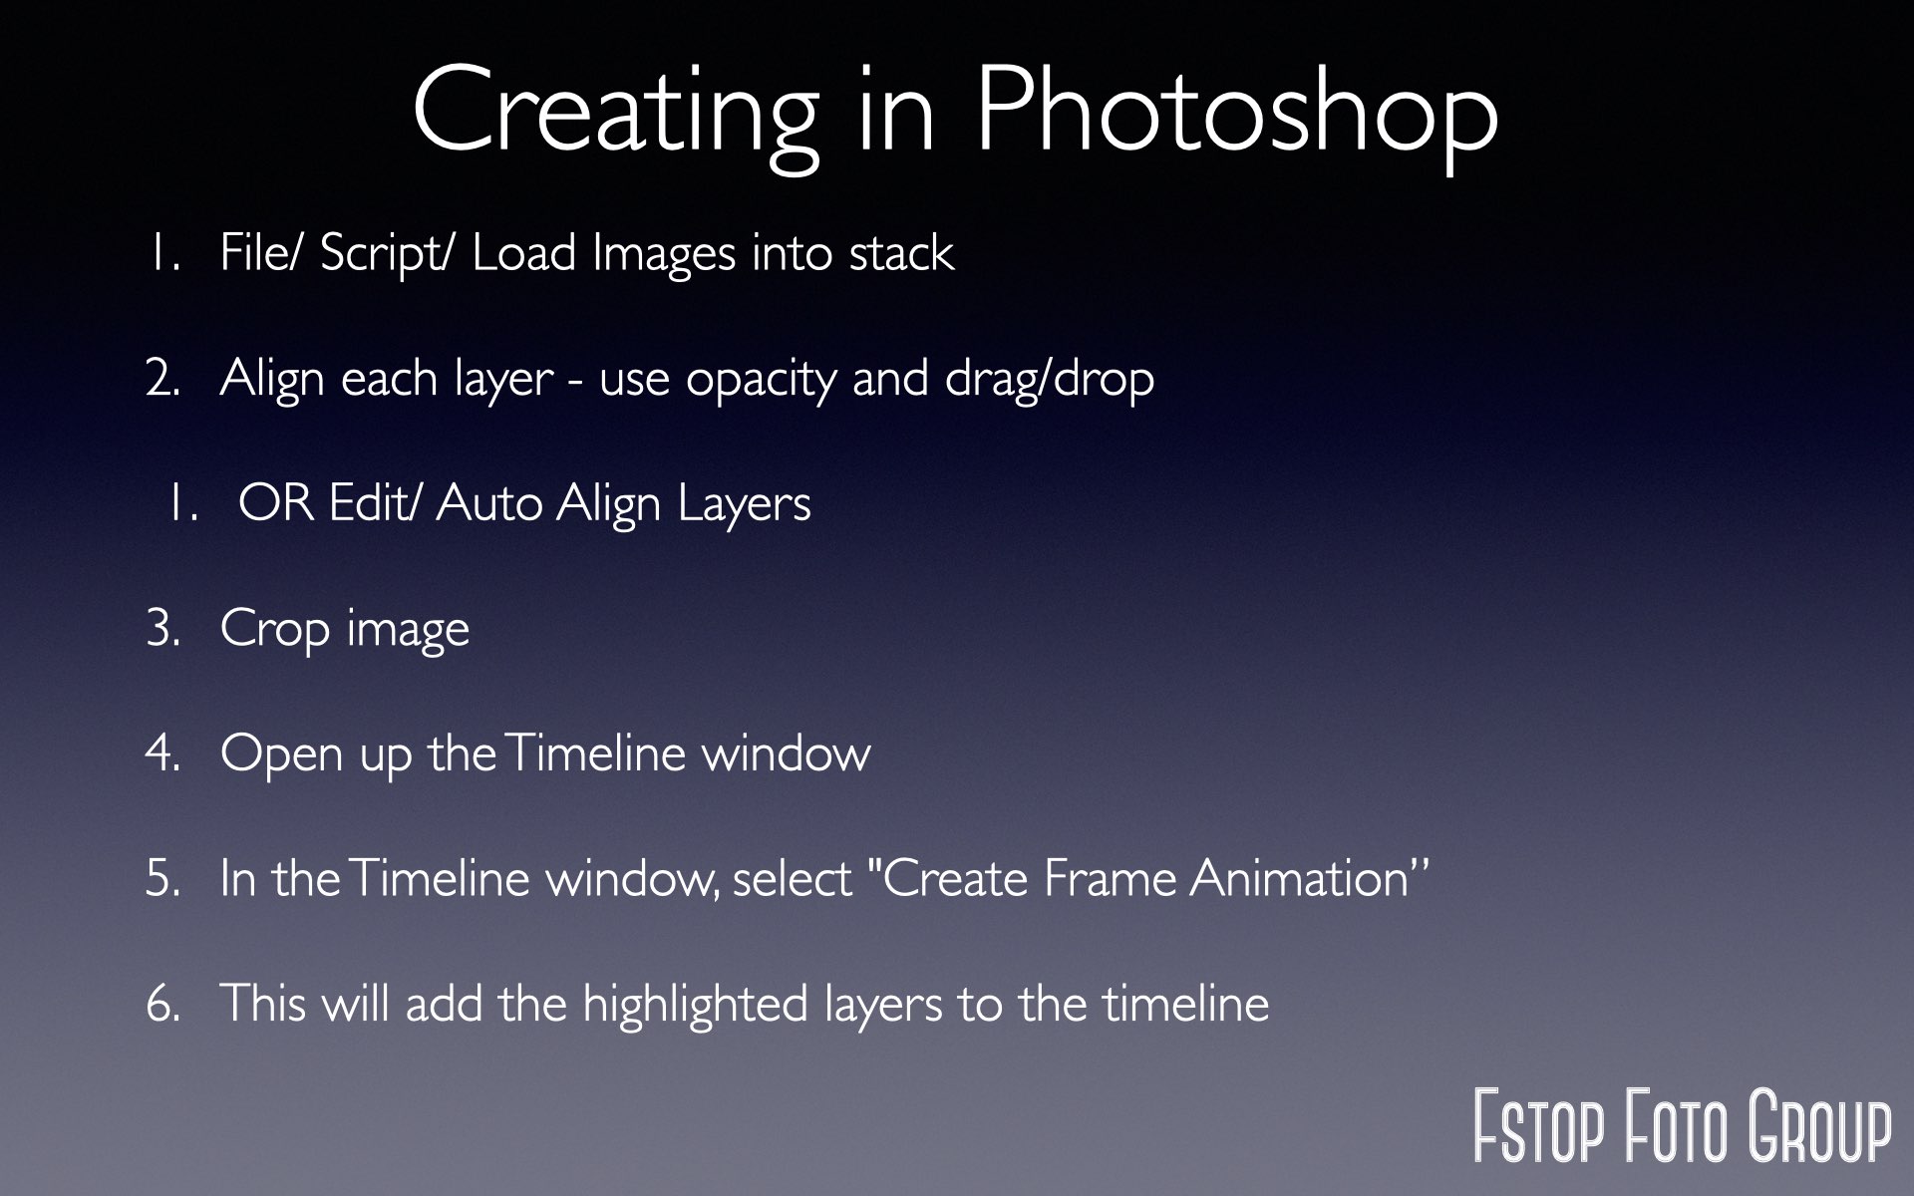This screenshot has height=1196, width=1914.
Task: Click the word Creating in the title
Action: click(x=614, y=113)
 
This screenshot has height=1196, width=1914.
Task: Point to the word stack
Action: click(x=901, y=252)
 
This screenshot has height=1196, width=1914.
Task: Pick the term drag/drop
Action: click(x=1050, y=379)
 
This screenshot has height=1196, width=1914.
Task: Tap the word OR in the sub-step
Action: click(x=276, y=503)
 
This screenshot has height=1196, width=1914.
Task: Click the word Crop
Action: click(x=274, y=630)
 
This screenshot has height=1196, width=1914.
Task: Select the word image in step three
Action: click(x=408, y=630)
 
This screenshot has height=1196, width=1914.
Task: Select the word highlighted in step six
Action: click(x=695, y=1005)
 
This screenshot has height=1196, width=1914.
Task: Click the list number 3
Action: click(x=163, y=630)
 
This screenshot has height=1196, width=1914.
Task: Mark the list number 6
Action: click(x=163, y=1005)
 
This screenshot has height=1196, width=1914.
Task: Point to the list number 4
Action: click(x=163, y=754)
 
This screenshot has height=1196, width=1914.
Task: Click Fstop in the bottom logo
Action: click(x=1539, y=1126)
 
